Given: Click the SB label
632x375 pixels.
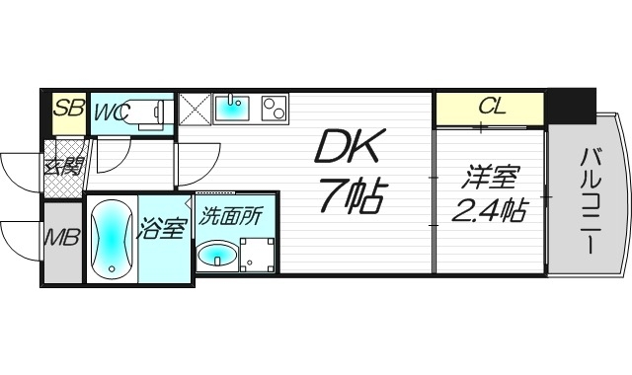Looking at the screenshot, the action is [67, 109].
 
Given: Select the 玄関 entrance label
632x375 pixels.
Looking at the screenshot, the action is [61, 165].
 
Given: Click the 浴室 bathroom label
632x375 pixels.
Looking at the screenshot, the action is [162, 228].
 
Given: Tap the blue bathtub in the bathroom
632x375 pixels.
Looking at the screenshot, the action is [112, 240].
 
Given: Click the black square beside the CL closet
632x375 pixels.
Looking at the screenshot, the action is [571, 104].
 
